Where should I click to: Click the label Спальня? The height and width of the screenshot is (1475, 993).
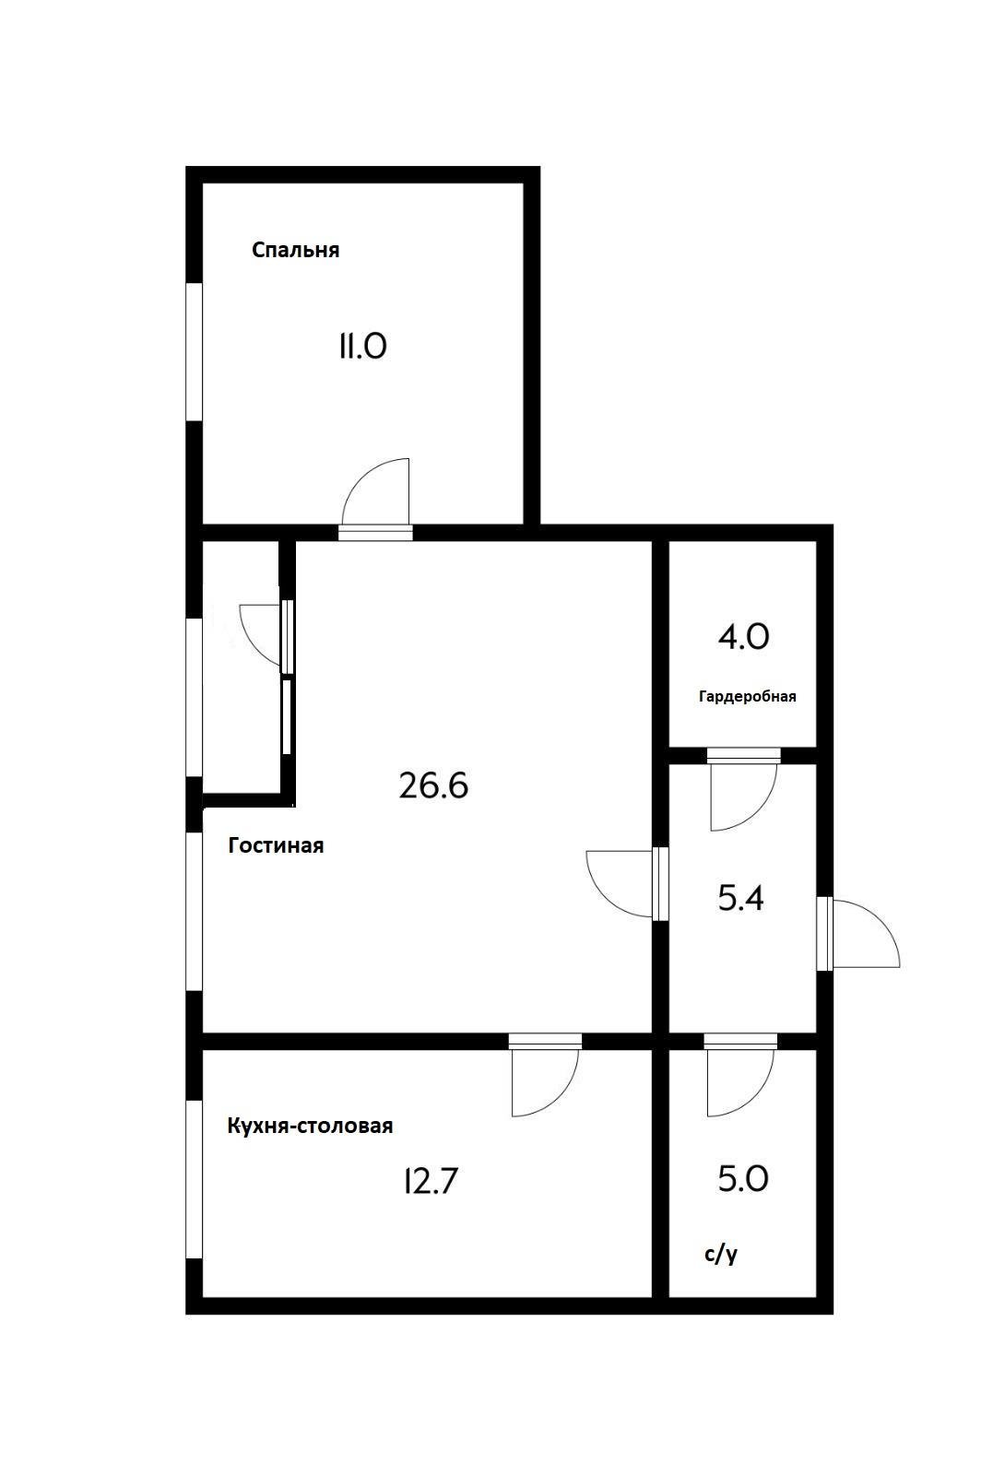point(295,250)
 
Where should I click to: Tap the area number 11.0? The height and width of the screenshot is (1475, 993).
point(362,347)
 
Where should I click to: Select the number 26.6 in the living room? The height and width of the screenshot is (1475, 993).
point(433,785)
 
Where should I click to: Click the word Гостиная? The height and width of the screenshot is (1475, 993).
point(276,845)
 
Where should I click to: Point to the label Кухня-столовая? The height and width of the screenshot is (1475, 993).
point(310,1126)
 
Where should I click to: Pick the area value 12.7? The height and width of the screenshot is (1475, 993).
point(431,1181)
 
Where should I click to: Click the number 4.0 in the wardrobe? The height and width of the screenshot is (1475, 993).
point(743,637)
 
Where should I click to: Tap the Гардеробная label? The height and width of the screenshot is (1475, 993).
point(747,696)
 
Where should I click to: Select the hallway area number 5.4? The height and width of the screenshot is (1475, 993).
point(741,898)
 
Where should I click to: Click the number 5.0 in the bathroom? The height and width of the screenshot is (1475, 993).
point(743,1179)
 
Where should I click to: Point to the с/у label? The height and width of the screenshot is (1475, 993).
point(720,1255)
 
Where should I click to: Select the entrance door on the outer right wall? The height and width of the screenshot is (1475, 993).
point(862,933)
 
